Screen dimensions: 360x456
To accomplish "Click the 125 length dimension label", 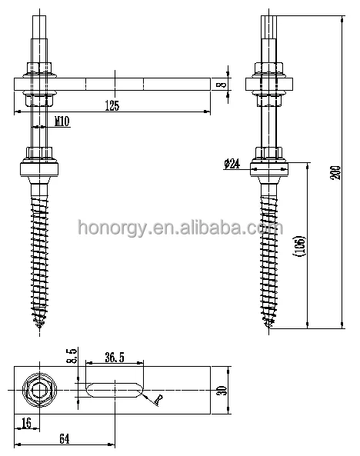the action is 112,105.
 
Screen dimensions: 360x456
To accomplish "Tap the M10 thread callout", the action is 62,121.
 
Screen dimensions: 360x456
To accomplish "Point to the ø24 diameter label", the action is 232,164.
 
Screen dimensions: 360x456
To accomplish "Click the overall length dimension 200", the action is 335,172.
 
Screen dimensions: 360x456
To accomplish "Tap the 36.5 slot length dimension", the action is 115,358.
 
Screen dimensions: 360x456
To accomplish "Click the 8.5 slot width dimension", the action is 72,356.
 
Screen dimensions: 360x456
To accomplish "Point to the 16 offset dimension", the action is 26,423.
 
